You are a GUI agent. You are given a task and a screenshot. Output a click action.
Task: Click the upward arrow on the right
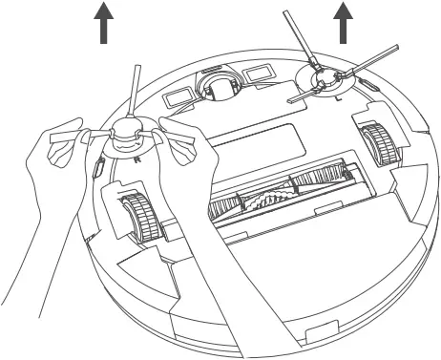point(342,21)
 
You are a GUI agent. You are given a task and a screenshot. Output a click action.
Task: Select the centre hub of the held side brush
point(125,140)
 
